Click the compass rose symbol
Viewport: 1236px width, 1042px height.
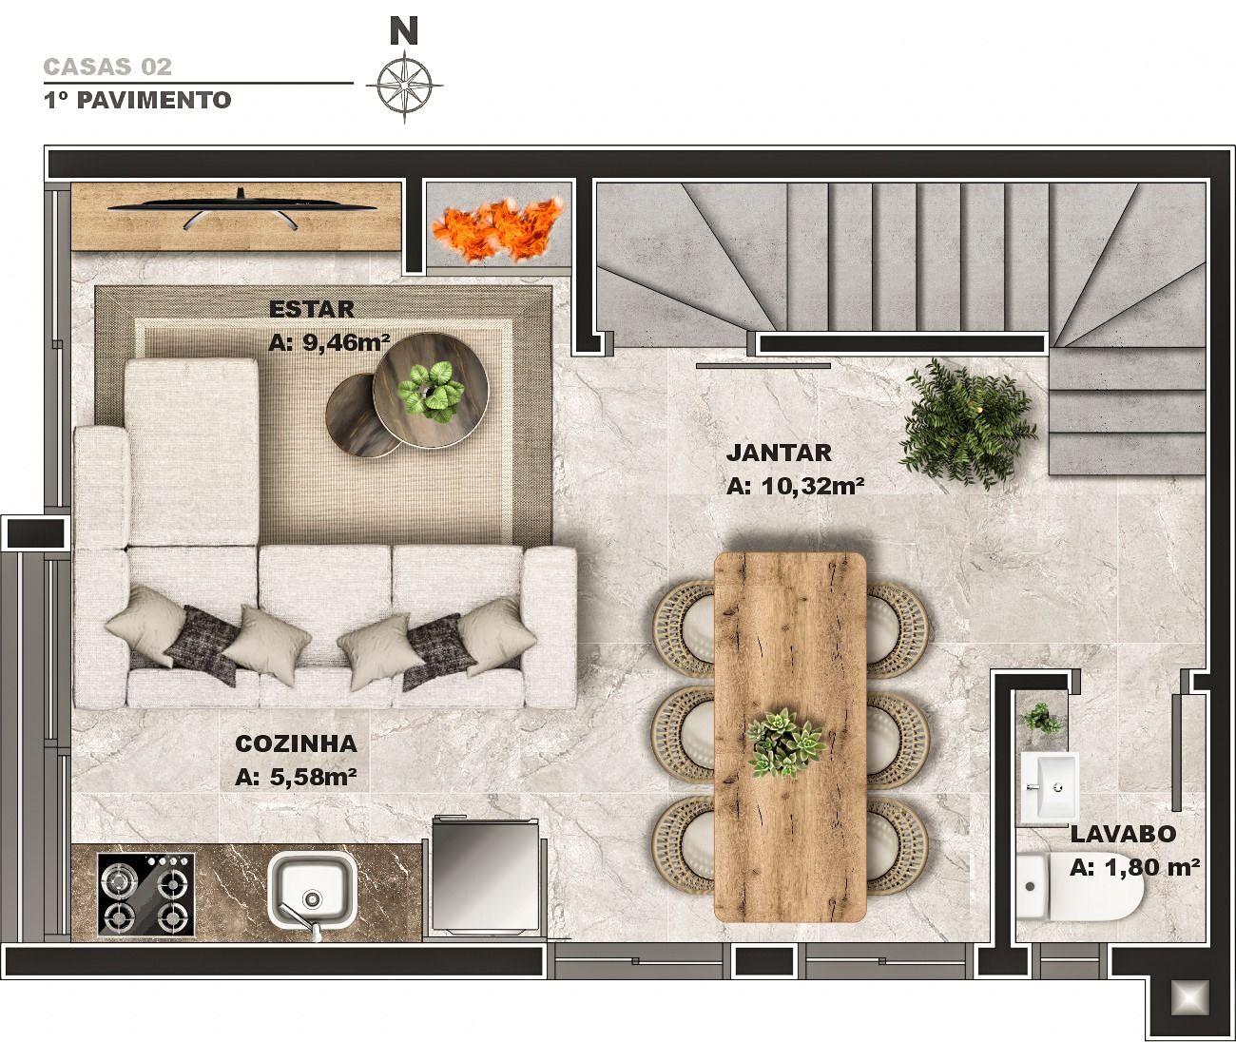(x=404, y=87)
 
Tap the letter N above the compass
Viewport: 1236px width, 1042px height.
(x=404, y=30)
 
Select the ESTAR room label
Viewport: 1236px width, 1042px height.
(x=311, y=309)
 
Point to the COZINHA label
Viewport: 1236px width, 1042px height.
(x=296, y=743)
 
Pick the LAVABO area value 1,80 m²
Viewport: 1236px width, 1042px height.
(x=1135, y=867)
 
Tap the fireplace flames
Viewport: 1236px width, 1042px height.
(x=497, y=230)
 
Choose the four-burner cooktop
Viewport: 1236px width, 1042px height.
(x=146, y=894)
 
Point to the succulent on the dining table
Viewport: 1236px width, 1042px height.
(x=785, y=743)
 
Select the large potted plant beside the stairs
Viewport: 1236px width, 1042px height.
(x=967, y=423)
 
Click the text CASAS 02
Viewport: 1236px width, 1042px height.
(x=107, y=67)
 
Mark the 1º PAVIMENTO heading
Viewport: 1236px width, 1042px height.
(x=137, y=100)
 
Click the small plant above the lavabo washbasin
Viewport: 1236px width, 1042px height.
(x=1041, y=717)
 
